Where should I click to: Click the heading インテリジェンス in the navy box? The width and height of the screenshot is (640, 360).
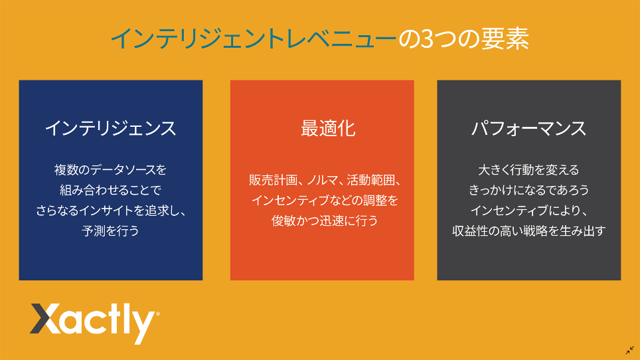(x=111, y=129)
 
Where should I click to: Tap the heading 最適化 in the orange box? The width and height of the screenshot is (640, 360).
(x=328, y=129)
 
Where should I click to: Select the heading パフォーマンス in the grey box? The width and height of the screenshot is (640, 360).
(x=529, y=129)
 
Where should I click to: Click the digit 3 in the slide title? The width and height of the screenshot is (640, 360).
(x=426, y=39)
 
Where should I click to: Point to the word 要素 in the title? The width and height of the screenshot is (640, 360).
(x=505, y=39)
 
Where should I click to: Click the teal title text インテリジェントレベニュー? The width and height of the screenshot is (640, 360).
(x=254, y=39)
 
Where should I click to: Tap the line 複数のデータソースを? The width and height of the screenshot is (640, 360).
(x=111, y=170)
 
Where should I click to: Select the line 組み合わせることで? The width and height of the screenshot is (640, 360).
(x=111, y=190)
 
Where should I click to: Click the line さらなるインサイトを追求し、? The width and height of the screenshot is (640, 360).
(x=111, y=211)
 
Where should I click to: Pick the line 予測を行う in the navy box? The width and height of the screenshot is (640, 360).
(x=111, y=231)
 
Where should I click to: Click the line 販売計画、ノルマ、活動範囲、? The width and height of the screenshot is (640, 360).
(x=325, y=180)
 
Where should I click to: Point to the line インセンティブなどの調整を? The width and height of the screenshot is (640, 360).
(x=325, y=201)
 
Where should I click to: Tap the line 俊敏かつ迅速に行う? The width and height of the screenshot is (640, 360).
(x=325, y=221)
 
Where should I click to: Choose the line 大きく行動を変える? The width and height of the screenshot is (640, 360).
(x=529, y=170)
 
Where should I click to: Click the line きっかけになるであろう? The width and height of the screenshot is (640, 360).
(x=529, y=190)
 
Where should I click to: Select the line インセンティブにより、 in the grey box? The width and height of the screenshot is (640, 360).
(x=529, y=211)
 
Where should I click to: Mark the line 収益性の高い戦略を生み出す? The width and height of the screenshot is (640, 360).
(x=529, y=231)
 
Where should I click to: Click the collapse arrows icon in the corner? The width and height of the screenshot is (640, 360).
(x=630, y=350)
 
